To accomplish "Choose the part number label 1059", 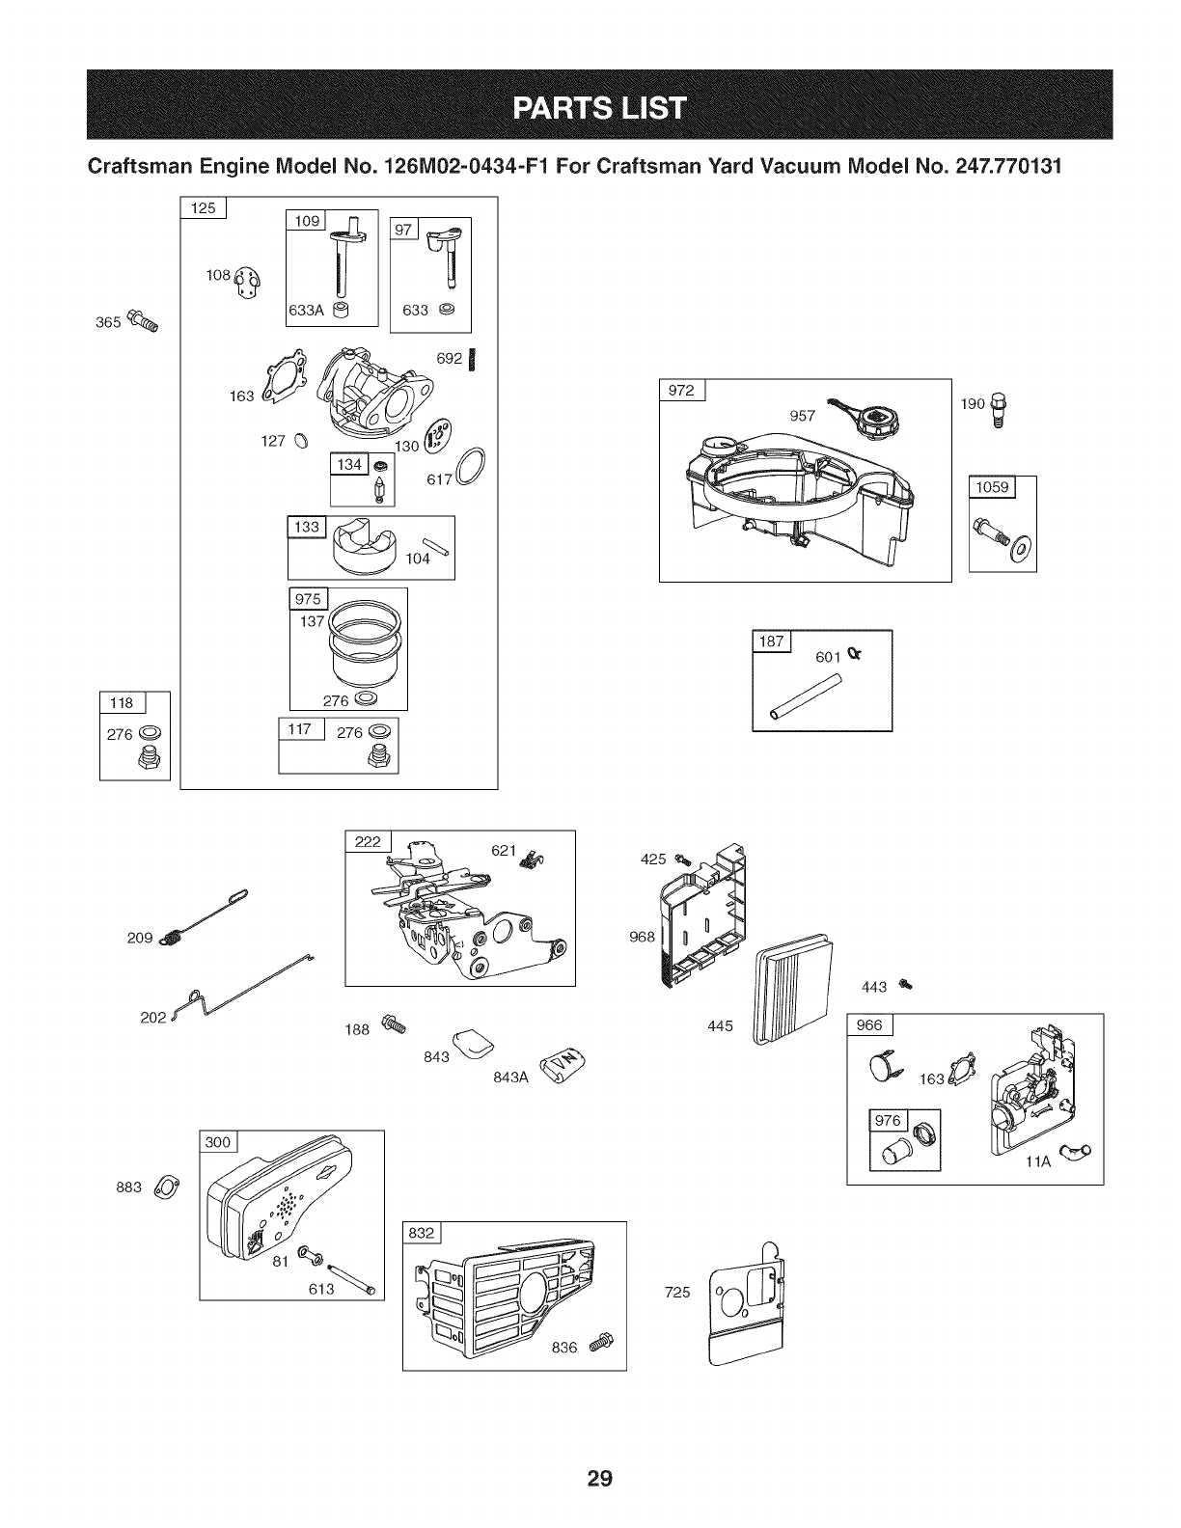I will pyautogui.click(x=991, y=486).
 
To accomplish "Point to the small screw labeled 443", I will pyautogui.click(x=905, y=985).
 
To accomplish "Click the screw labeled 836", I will pyautogui.click(x=601, y=1340).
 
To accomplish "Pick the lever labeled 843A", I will pyautogui.click(x=563, y=1068).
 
